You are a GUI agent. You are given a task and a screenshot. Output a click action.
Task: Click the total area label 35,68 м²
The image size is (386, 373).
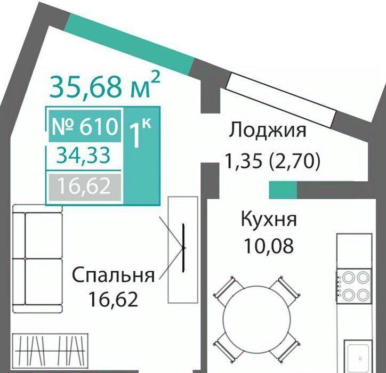[105, 85]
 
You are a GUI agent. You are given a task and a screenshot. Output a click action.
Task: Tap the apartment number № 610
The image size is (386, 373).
[85, 126]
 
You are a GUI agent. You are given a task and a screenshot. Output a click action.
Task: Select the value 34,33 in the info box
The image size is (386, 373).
[83, 156]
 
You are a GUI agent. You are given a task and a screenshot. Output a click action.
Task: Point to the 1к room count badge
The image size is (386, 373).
[140, 133]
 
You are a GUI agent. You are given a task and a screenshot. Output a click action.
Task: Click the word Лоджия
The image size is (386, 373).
[268, 130]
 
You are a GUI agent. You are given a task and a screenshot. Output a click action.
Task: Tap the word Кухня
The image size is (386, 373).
[269, 219]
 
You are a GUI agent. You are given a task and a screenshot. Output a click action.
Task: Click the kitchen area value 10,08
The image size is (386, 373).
[268, 246]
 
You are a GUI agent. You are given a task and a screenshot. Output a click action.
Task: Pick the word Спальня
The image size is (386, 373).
[114, 275]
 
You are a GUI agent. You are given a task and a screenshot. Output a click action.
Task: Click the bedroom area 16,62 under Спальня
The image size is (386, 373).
[114, 299]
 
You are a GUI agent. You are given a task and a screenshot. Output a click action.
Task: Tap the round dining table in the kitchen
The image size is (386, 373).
[256, 319]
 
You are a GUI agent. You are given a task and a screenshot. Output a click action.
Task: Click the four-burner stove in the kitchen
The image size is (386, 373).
[354, 286]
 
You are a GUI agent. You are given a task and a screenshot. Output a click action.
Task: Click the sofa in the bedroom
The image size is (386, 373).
[37, 258]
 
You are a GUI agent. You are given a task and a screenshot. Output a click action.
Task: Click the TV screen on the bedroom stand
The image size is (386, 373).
[183, 248]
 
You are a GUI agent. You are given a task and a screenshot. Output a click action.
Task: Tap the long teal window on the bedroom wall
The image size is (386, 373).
[129, 44]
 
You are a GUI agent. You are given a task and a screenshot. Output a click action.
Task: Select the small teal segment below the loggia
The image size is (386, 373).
[283, 190]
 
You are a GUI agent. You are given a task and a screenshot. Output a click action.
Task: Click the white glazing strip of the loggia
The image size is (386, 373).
[281, 100]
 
